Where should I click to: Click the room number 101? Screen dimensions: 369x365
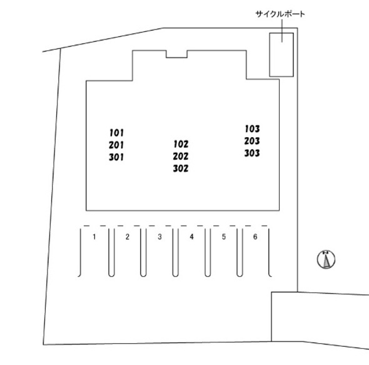pos(116,133)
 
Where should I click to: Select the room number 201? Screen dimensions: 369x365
pos(116,145)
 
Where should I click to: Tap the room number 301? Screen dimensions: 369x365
pos(116,157)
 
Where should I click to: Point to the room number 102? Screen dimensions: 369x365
pos(181,144)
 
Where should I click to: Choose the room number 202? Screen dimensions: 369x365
pos(181,157)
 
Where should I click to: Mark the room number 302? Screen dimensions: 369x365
pos(181,168)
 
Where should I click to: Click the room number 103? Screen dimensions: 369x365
pos(252,129)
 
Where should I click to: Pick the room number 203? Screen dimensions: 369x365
pos(252,141)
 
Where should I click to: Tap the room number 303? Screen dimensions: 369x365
pos(252,153)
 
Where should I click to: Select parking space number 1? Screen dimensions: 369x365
pos(94,237)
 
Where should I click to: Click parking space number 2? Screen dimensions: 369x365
pos(128,237)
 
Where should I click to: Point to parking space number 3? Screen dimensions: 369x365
pos(159,237)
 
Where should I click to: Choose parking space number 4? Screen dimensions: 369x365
pos(192,237)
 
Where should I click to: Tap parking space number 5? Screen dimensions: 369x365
pos(224,237)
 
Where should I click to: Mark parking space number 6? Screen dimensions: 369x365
pos(255,237)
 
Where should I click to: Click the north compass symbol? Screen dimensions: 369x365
pos(326,259)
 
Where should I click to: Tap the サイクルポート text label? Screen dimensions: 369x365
pos(280,14)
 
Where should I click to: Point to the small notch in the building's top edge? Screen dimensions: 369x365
pos(177,58)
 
